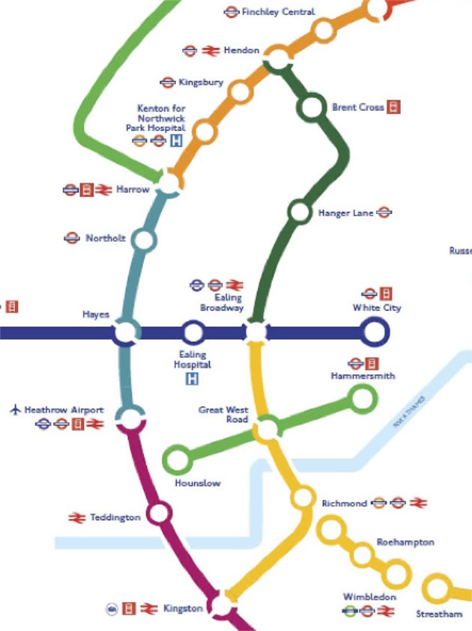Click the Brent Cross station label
click(357, 108)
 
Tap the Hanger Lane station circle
click(300, 212)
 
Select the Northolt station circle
click(143, 240)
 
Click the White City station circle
click(373, 332)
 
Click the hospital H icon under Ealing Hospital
click(193, 379)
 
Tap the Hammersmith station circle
click(363, 399)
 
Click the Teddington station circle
click(159, 513)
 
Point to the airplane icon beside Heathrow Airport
click(14, 409)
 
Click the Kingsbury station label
click(201, 82)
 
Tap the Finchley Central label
click(278, 12)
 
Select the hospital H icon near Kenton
click(177, 141)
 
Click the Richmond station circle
click(303, 497)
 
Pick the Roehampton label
click(405, 542)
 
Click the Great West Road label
click(223, 415)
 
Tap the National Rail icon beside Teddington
click(76, 517)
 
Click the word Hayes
click(96, 315)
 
